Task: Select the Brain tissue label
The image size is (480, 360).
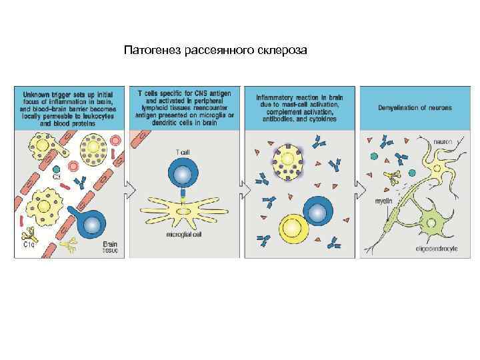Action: tap(109, 248)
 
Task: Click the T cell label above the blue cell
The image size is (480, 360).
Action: tap(182, 153)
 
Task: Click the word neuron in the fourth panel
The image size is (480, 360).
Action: tap(443, 142)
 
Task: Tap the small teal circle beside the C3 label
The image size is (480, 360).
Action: tap(57, 169)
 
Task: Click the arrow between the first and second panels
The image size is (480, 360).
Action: tap(132, 191)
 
